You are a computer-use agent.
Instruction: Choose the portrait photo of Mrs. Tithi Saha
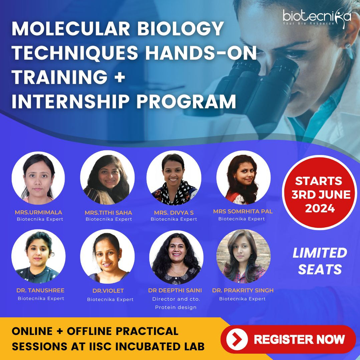click(107, 178)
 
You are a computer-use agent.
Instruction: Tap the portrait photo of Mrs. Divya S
click(174, 178)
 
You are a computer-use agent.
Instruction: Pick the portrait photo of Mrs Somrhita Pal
click(243, 178)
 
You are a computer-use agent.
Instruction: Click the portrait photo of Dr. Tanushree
click(38, 256)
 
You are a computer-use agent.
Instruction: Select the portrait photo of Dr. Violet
click(107, 256)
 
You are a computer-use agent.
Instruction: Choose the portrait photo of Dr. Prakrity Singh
click(243, 256)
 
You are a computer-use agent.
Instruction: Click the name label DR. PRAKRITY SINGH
click(243, 291)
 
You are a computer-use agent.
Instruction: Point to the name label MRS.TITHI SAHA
click(109, 213)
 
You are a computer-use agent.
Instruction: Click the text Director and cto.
click(176, 299)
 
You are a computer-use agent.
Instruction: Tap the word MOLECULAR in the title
click(71, 29)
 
